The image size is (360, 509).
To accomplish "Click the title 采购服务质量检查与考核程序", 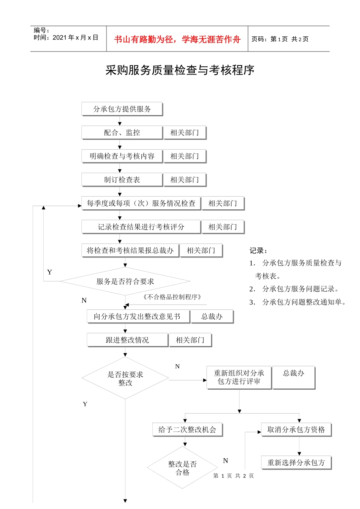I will [180, 70].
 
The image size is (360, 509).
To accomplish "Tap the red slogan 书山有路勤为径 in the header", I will [177, 39].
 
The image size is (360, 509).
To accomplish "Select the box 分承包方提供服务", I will [122, 109].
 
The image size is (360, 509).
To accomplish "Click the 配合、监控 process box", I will [122, 133].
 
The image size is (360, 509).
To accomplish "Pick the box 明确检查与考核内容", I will [122, 156].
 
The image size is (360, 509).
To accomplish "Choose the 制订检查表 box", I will [122, 180].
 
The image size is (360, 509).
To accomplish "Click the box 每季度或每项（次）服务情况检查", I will [141, 203].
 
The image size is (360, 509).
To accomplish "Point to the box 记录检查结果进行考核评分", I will [141, 227].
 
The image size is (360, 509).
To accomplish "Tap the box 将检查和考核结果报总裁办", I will [130, 250].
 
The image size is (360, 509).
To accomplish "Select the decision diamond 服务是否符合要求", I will [125, 281].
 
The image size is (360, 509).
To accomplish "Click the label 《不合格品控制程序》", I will [172, 297].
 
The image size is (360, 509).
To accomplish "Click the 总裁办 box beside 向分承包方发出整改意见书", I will [212, 317].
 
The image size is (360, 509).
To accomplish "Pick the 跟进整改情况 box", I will [127, 340].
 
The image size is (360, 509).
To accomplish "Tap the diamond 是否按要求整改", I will [125, 378].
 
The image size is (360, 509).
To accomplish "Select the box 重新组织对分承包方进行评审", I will [239, 377].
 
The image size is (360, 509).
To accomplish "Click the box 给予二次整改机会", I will [187, 429].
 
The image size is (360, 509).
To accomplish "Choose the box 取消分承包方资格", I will [296, 429].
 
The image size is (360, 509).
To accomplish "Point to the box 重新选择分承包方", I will [296, 462].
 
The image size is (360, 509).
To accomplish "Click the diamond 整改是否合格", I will [182, 468].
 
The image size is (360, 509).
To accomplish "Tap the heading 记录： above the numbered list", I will [258, 251].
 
